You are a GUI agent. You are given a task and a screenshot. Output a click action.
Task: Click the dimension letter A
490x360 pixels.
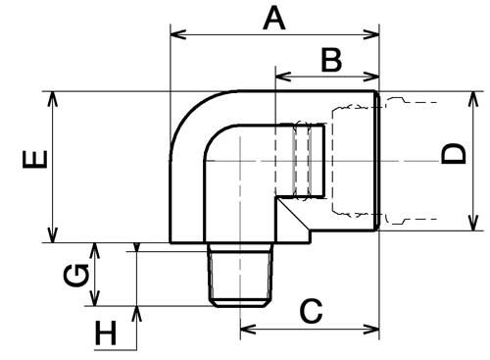[274, 20]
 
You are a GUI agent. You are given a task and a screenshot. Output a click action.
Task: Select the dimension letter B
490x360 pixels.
[331, 60]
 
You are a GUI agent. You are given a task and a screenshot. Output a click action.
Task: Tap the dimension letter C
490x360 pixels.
[312, 311]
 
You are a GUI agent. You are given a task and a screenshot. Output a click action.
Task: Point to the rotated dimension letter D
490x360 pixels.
[453, 153]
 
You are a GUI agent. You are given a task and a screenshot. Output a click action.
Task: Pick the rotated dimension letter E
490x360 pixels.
[34, 159]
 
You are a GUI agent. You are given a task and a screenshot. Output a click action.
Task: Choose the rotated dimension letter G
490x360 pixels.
[76, 276]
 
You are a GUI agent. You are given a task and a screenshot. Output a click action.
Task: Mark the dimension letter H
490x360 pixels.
[106, 334]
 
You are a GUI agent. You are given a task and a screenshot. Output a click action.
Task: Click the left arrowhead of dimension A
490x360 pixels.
[178, 34]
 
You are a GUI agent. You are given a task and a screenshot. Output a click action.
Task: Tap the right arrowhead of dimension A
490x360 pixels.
[371, 34]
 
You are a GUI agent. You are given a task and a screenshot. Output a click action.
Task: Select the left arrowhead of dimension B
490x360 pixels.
[283, 77]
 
